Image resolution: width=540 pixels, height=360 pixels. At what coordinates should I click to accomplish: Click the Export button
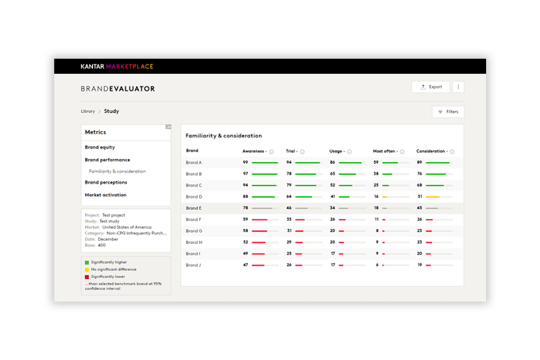point(430,87)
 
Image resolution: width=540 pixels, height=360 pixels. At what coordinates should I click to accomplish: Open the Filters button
point(448,112)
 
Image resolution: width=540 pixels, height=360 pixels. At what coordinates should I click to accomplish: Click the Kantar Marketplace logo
point(117,67)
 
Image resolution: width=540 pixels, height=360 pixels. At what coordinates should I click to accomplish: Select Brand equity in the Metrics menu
point(100,147)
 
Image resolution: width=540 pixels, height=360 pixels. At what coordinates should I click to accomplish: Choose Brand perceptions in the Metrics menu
point(106,183)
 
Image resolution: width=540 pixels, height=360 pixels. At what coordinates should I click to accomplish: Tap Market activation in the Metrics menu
point(106,195)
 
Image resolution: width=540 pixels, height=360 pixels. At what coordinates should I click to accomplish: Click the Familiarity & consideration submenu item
point(118,172)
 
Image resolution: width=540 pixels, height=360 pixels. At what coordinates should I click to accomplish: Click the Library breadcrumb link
point(87,112)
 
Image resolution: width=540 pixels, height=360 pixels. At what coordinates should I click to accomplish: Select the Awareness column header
point(253,150)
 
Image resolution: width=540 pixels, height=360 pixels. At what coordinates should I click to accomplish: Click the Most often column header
point(384,150)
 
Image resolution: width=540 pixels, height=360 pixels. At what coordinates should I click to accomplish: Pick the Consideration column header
point(430,150)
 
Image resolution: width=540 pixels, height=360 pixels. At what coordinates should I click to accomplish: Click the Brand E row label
point(194,208)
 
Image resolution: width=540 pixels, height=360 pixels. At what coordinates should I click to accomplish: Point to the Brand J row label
point(194,265)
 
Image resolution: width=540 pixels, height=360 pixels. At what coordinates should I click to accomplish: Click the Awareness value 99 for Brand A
point(245,162)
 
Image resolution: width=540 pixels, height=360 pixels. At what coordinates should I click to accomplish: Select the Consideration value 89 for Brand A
point(419,162)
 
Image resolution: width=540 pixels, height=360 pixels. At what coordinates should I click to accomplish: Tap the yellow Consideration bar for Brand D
point(433,196)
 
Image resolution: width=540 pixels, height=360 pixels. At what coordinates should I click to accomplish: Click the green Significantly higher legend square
point(87,261)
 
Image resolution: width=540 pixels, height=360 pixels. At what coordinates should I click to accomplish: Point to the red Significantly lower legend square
point(87,277)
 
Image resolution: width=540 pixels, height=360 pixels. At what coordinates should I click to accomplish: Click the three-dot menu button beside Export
point(458,87)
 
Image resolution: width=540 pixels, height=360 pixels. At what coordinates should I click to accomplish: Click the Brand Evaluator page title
point(118,89)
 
